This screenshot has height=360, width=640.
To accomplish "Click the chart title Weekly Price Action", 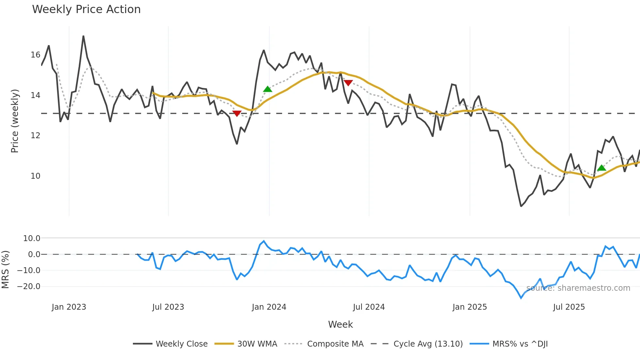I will tap(86, 9).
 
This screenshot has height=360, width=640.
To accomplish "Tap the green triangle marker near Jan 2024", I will tap(267, 89).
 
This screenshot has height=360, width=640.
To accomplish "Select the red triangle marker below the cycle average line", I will tap(237, 113).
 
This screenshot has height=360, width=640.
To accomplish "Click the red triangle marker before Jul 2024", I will tap(348, 83).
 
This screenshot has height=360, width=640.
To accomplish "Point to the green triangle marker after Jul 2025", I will tap(601, 168).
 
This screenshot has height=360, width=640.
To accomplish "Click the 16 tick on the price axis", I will tap(36, 55).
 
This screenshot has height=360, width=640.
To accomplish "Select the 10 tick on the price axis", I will tap(36, 176).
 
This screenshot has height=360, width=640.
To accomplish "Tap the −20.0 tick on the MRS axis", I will tap(29, 286).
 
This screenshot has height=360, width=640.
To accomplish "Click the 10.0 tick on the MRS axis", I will tap(32, 238).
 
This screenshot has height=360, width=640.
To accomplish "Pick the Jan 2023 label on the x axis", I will tap(69, 307).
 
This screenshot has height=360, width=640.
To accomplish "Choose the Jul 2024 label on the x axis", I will tap(369, 307).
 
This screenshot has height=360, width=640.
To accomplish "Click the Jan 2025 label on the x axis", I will tap(470, 307).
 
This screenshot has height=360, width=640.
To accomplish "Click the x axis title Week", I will tap(340, 324).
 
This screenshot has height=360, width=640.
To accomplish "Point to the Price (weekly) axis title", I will tap(15, 121).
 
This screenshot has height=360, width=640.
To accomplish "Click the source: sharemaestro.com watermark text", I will tap(578, 288).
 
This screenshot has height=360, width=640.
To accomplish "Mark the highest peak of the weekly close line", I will tap(83, 36).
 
